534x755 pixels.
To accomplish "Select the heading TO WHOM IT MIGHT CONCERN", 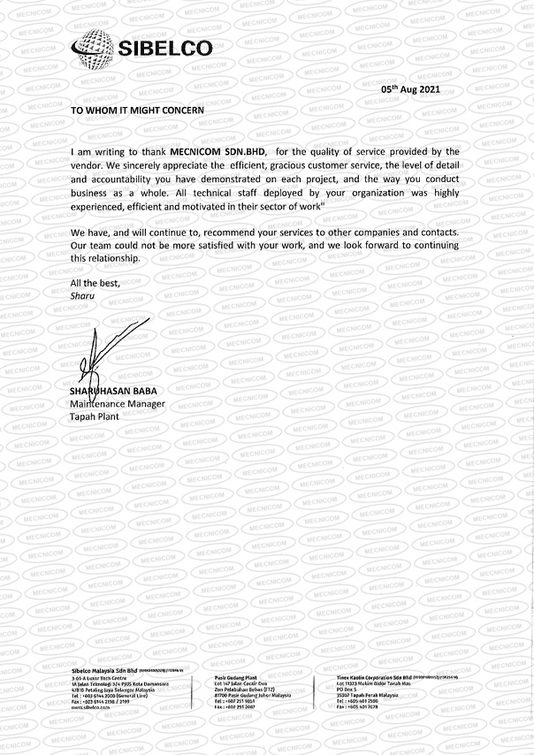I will pyautogui.click(x=137, y=110).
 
